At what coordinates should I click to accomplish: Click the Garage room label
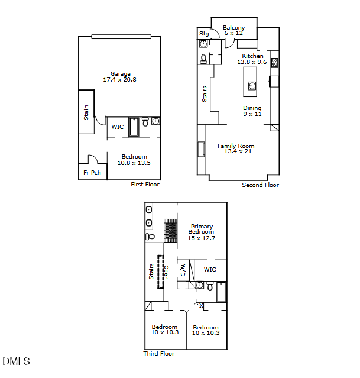(120, 74)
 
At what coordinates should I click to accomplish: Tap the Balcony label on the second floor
(233, 28)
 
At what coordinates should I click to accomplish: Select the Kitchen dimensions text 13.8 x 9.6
(252, 62)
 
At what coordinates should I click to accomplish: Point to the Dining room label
(252, 108)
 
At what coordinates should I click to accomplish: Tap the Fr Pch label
(92, 173)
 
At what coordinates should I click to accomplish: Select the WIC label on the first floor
(117, 127)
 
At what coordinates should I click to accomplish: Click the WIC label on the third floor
(210, 270)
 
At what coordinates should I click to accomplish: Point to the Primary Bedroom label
(201, 229)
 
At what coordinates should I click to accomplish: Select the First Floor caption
(145, 185)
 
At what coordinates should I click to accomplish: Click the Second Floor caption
(260, 185)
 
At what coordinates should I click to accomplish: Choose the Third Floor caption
(159, 354)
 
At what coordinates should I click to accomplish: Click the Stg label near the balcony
(205, 34)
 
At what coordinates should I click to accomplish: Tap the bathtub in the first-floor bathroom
(134, 127)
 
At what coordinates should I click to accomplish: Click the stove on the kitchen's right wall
(274, 62)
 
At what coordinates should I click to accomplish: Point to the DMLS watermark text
(16, 361)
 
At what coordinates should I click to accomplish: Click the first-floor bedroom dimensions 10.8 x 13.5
(134, 163)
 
